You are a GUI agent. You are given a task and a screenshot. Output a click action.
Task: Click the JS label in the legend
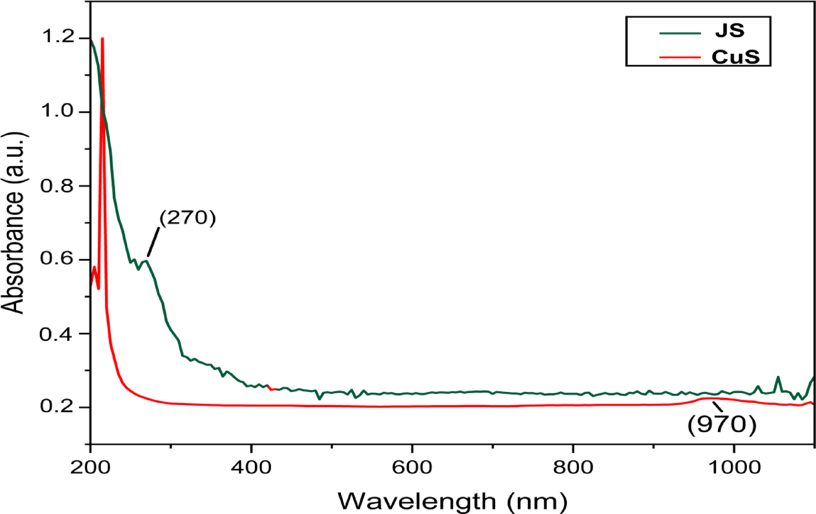point(730,31)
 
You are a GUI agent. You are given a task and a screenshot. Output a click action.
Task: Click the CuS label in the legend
point(735,57)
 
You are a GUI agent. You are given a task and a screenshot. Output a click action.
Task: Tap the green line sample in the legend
point(680,33)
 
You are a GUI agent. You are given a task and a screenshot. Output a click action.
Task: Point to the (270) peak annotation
point(188,218)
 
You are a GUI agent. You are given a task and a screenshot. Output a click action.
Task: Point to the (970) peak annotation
point(722,425)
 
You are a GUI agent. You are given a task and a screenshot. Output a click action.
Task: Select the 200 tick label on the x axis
point(90,467)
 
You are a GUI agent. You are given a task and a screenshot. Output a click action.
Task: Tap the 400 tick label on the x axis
point(251,467)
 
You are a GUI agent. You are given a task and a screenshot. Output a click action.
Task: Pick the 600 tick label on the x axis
point(412,467)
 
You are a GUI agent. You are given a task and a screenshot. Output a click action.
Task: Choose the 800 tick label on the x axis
point(573,467)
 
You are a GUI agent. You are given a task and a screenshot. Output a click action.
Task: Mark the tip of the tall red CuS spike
point(102,39)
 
